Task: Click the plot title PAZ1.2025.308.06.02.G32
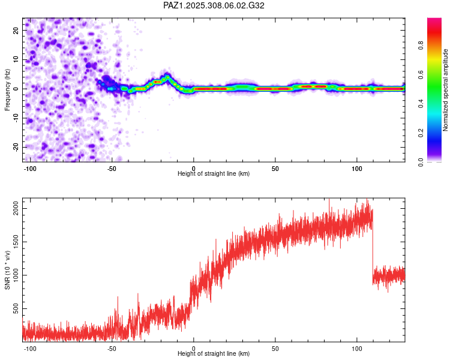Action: [x=214, y=5]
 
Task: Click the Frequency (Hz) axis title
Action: [x=7, y=90]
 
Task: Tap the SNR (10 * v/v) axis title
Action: [x=7, y=270]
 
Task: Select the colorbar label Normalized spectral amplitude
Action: [x=445, y=90]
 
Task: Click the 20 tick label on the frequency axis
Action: [x=16, y=31]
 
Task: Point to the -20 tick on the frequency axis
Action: [x=16, y=147]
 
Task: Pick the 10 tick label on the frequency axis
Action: [x=16, y=60]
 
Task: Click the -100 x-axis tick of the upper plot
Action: [x=29, y=169]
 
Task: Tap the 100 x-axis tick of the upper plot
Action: [x=357, y=169]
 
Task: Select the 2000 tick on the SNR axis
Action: [x=16, y=208]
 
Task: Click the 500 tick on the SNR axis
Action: [x=16, y=308]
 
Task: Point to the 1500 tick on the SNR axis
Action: [x=16, y=242]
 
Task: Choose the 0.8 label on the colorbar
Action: [x=421, y=46]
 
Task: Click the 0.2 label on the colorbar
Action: [x=421, y=133]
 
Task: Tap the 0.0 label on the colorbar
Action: [x=421, y=162]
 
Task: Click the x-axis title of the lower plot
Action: [x=214, y=353]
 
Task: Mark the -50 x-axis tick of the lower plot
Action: [x=112, y=349]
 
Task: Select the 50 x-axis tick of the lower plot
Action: [x=275, y=349]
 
